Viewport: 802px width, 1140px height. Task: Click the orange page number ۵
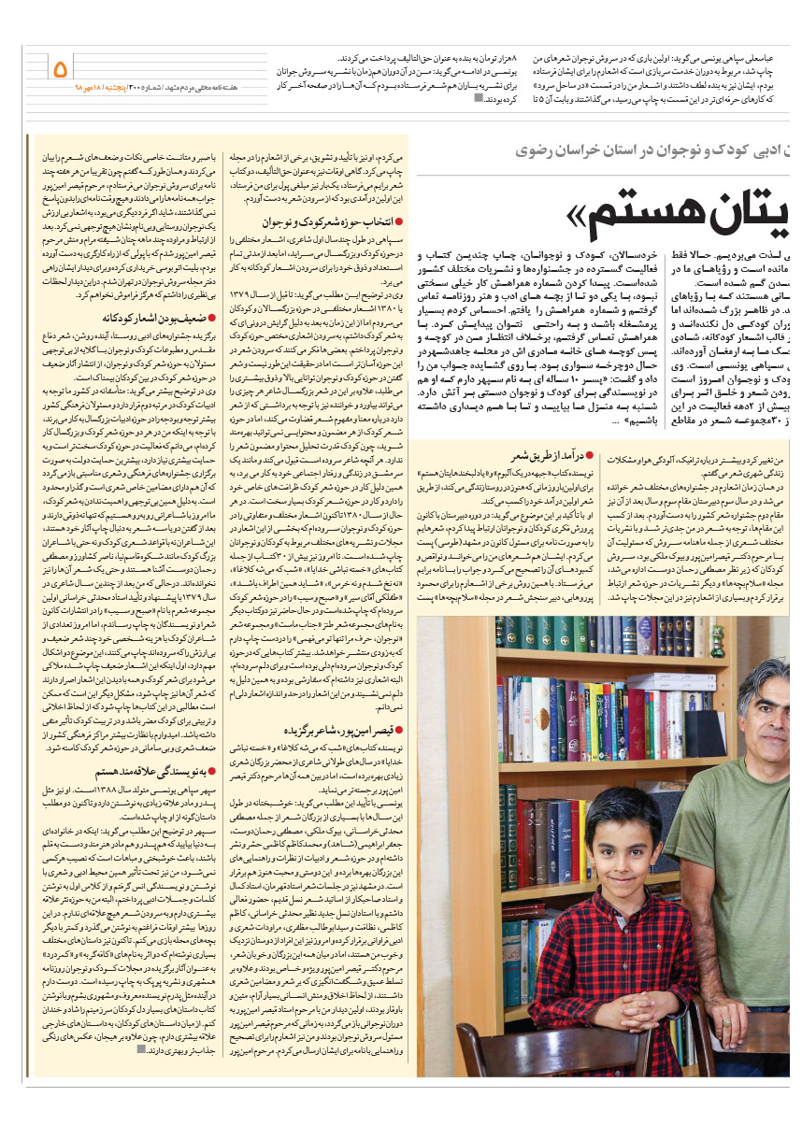(61, 68)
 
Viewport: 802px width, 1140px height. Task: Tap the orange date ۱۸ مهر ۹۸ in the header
(90, 87)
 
